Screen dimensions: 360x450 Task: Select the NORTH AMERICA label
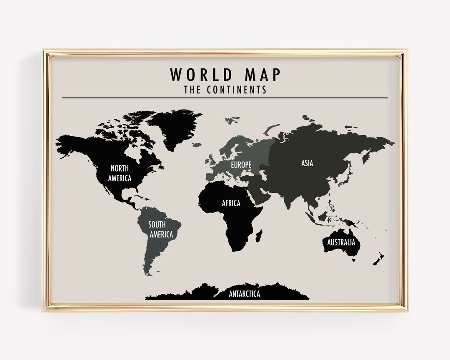(x=120, y=173)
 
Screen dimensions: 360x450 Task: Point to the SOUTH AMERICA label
(x=161, y=230)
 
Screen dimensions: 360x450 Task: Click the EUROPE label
(x=241, y=165)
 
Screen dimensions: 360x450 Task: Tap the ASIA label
(x=307, y=163)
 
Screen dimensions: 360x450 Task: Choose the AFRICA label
(x=231, y=203)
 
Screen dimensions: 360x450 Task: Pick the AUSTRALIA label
(x=341, y=242)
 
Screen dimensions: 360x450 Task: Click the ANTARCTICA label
(x=245, y=294)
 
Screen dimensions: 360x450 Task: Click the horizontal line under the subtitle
(x=225, y=98)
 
